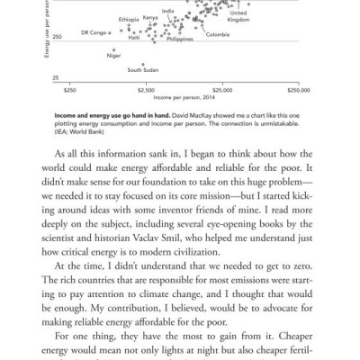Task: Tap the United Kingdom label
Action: tap(238, 16)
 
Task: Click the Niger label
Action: tap(112, 55)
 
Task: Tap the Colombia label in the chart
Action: tap(217, 35)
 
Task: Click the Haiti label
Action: tap(134, 38)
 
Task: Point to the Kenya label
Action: tap(150, 17)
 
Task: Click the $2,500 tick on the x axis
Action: tap(145, 90)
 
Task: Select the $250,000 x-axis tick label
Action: tap(298, 90)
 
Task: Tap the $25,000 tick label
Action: tap(221, 90)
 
